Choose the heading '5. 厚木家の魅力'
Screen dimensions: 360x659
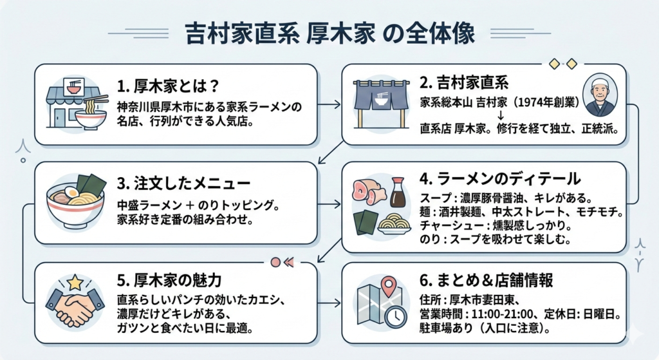[170, 281]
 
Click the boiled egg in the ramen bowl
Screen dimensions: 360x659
[71, 193]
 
